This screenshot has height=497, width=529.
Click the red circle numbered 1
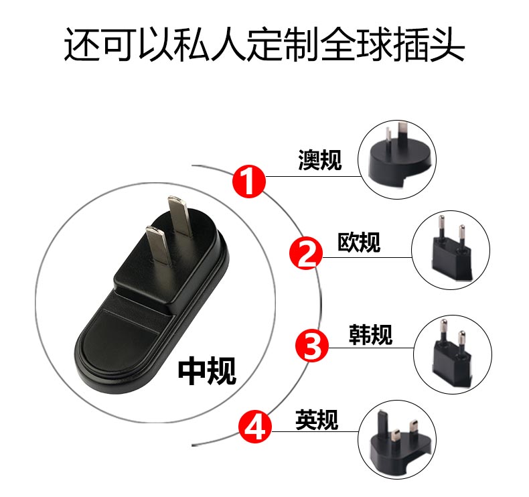[249, 182]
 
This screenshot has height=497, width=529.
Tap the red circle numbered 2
[306, 253]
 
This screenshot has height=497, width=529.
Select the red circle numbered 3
[312, 346]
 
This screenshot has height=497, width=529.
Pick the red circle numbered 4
[255, 427]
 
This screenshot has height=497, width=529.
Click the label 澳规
[320, 160]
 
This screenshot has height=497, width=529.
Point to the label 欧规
[359, 242]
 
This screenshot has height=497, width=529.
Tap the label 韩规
[370, 334]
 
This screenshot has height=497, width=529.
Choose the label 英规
[317, 419]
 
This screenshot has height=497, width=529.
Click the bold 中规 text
[207, 370]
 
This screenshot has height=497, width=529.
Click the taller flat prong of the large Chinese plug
[180, 216]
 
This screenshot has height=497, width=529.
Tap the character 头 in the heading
[447, 44]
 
